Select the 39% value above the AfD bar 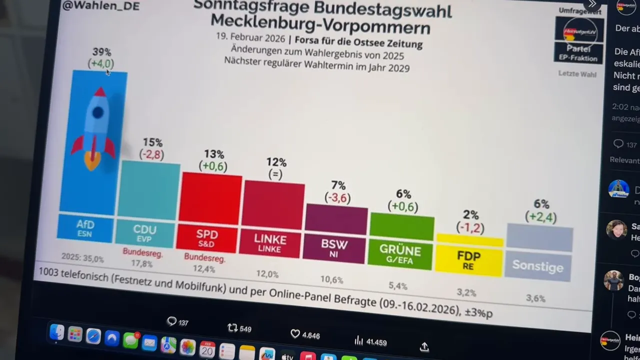[x=102, y=52]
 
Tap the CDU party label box [x=144, y=233]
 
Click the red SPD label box [x=206, y=237]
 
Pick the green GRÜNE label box [x=400, y=254]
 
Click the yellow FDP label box [x=468, y=259]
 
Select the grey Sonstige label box [x=537, y=265]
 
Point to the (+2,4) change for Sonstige [x=540, y=217]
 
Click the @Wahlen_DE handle [x=100, y=6]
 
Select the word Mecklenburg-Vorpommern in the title [x=320, y=23]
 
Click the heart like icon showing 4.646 [x=295, y=333]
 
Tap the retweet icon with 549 [x=232, y=328]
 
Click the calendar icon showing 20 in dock [x=207, y=349]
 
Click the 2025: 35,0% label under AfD [x=82, y=258]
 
